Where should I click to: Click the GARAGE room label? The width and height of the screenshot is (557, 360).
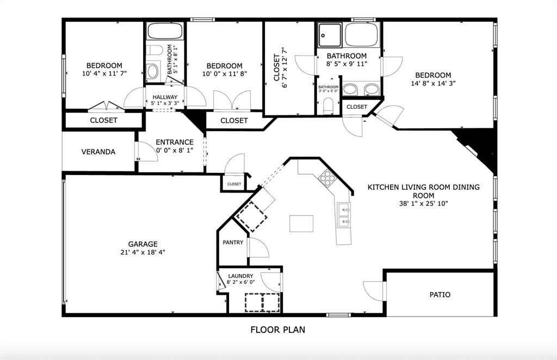[x=143, y=244]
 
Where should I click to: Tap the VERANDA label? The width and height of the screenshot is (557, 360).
[x=98, y=152]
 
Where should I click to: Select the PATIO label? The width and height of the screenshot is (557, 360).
[x=440, y=295]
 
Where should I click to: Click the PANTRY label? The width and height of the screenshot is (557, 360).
[x=233, y=243]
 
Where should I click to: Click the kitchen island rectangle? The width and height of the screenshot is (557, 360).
[x=302, y=224]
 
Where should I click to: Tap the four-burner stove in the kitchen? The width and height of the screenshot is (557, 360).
[x=327, y=177]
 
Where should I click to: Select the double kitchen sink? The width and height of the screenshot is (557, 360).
[x=344, y=214]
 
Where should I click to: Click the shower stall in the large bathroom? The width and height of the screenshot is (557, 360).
[x=329, y=35]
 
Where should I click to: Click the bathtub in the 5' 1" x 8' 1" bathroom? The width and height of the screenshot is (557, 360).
[x=165, y=31]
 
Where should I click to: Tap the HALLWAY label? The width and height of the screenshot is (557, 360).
[x=165, y=97]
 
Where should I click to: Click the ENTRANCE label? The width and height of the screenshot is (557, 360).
[x=175, y=142]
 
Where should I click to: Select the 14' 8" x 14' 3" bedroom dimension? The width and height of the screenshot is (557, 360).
[x=433, y=84]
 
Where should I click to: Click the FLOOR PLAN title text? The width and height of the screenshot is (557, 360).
[x=277, y=330]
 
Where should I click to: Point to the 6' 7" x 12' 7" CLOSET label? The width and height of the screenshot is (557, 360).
[x=280, y=68]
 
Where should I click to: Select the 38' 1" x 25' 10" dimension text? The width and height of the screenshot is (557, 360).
[x=423, y=204]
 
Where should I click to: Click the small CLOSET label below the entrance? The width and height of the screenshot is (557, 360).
[x=234, y=184]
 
